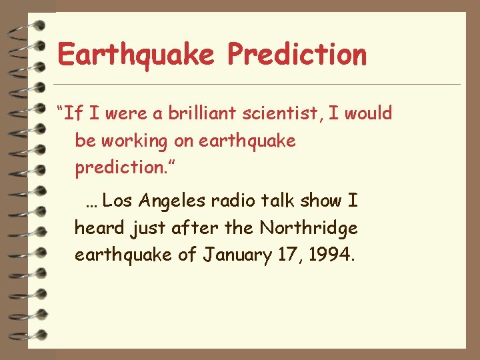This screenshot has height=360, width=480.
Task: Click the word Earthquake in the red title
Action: [x=137, y=55]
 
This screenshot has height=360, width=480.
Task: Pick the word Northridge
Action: [x=309, y=228]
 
